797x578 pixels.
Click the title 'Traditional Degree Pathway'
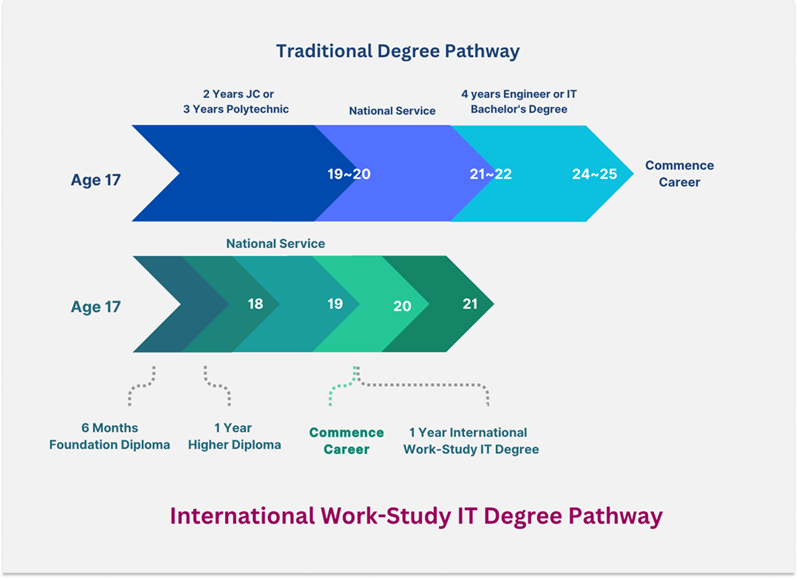coord(398,51)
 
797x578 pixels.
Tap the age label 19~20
coord(350,173)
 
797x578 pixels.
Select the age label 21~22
coord(490,173)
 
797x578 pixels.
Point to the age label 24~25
coord(594,173)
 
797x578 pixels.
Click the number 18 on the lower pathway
coord(256,303)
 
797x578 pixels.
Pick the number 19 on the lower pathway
coord(335,303)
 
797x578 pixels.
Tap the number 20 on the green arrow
coord(402,306)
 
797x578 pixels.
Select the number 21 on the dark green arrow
coord(470,303)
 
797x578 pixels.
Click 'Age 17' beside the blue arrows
coord(96,180)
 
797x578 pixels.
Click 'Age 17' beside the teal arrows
coord(96,306)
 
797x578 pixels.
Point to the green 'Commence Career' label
coord(346,441)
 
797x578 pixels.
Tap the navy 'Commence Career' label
coord(679,173)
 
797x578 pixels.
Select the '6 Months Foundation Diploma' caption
coord(109,436)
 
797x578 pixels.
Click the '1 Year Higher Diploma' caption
coord(234,436)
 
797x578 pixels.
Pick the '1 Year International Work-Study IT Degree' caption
coord(471,441)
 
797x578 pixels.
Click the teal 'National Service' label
coord(275,244)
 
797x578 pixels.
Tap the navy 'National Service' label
coord(392,111)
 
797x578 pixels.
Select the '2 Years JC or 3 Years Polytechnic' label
coord(236,102)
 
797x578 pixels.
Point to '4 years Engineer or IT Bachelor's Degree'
coord(519,102)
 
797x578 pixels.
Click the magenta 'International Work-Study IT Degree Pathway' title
coord(416,516)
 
